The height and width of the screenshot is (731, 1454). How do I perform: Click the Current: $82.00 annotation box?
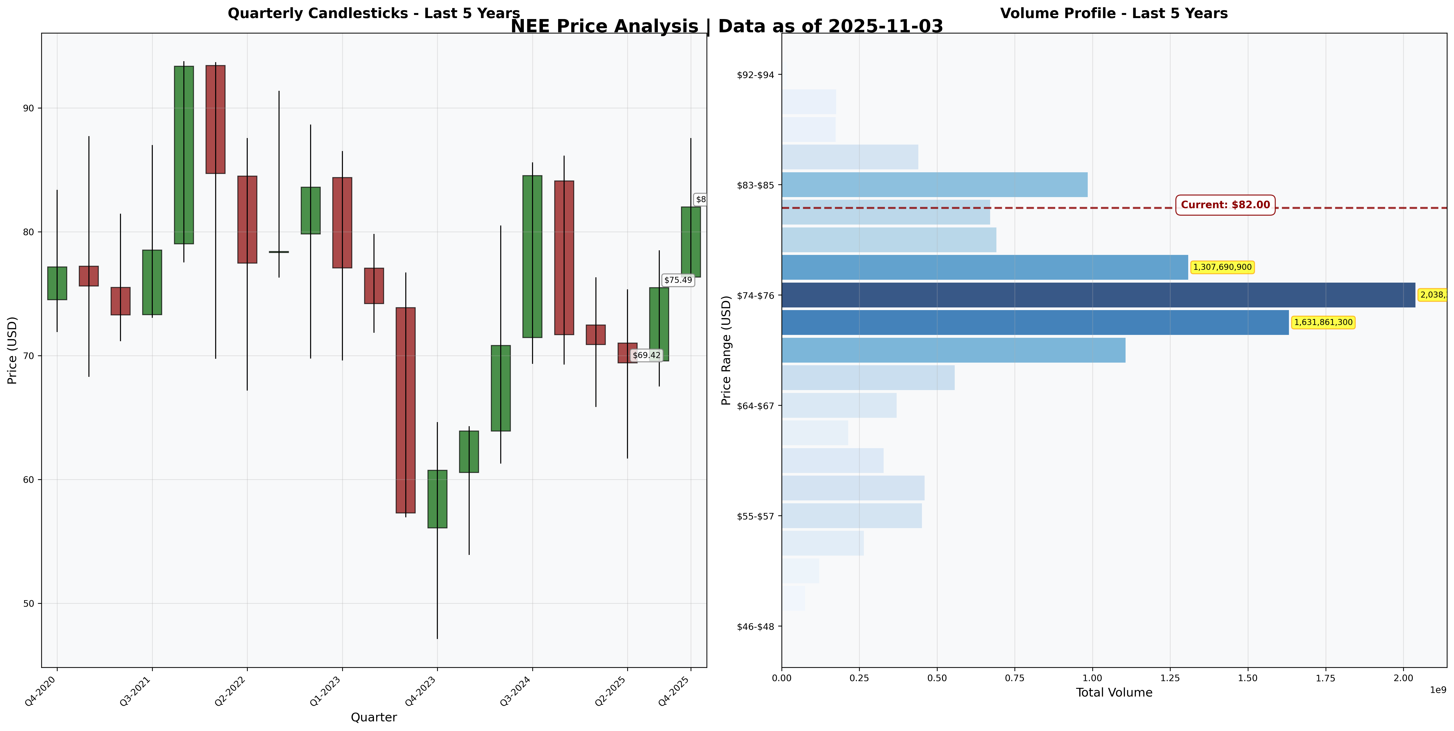1225,205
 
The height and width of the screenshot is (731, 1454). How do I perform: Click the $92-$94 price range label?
755,74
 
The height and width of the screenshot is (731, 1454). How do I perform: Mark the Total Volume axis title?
1114,693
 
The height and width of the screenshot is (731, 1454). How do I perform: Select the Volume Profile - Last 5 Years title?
1114,13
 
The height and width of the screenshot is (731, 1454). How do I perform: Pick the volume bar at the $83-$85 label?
934,185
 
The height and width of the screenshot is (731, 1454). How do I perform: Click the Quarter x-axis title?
374,718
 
